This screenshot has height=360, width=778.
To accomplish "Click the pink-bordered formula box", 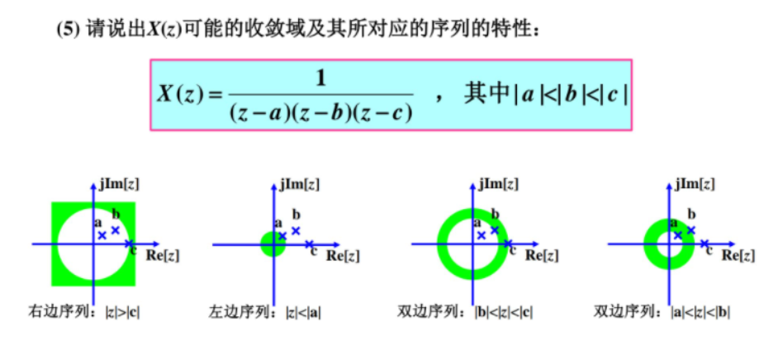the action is click(x=391, y=94).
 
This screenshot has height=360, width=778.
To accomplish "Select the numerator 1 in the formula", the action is click(x=320, y=78).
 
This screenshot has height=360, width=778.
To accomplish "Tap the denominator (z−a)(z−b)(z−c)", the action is click(x=320, y=112).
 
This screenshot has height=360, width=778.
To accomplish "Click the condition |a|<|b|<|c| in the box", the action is click(x=570, y=94).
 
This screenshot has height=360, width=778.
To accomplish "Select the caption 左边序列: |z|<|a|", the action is click(x=265, y=312).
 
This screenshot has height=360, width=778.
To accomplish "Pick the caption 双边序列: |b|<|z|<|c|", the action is click(x=465, y=312).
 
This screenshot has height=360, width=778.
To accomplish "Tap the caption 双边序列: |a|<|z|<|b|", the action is click(x=662, y=312).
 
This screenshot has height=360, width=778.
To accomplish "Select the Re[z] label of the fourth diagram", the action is click(x=738, y=256).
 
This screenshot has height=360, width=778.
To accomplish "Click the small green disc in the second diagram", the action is click(x=273, y=244).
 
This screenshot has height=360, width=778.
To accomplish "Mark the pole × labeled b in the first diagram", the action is click(x=116, y=230).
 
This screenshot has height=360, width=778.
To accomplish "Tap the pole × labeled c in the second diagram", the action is click(x=309, y=244).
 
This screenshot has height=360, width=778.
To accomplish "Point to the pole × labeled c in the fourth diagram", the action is click(x=704, y=244).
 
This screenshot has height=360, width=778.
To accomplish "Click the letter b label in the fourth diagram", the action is click(x=691, y=214).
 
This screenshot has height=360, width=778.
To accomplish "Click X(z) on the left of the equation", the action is click(x=179, y=95).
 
